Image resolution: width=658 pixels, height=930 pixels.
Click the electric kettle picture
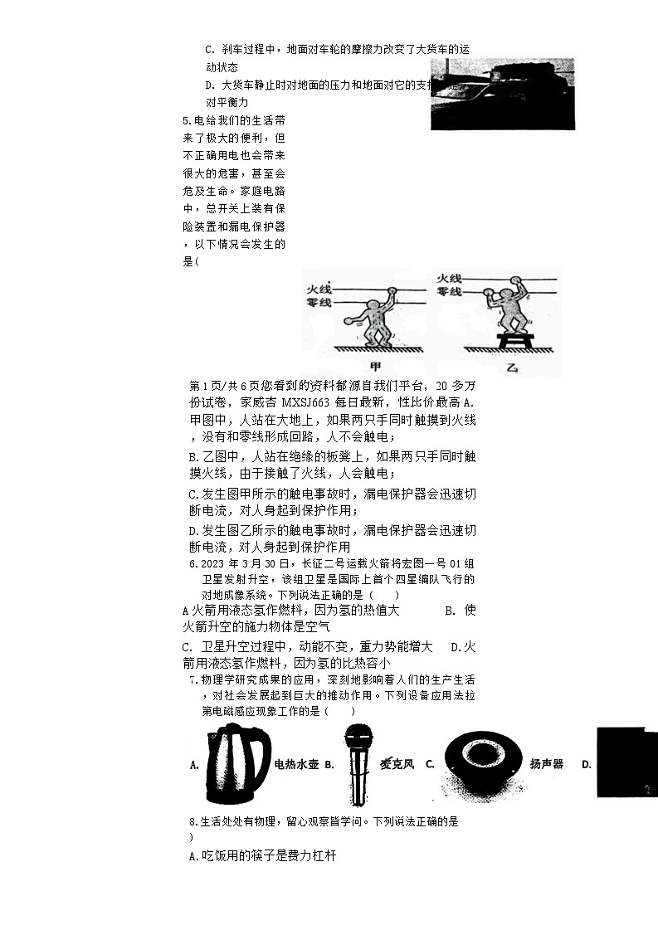237,763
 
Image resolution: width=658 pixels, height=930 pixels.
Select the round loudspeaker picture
481,763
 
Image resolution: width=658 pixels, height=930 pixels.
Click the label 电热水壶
296,764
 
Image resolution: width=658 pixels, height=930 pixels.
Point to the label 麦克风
397,764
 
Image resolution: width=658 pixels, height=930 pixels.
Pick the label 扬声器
547,764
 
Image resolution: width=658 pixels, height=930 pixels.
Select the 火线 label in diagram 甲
319,289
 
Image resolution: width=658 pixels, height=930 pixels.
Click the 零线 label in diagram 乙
449,292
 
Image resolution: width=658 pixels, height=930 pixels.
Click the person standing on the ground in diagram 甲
375,319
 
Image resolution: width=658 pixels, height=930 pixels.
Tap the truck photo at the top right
502,93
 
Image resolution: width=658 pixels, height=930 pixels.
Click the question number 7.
193,680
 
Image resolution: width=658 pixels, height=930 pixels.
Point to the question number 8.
193,822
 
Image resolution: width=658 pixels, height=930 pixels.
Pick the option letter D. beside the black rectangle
587,764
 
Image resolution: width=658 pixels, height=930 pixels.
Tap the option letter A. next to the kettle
194,765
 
